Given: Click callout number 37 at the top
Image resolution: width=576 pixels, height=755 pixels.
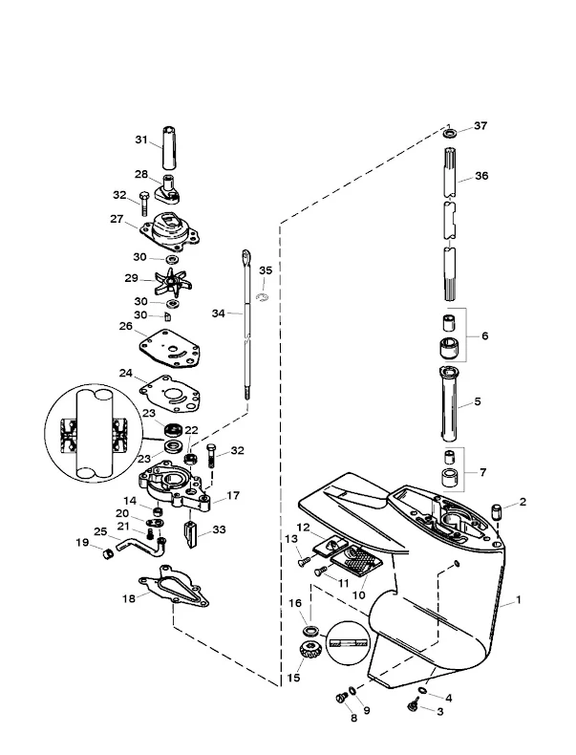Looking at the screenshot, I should [x=480, y=125].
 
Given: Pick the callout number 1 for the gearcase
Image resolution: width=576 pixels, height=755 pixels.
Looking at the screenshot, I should [x=520, y=601].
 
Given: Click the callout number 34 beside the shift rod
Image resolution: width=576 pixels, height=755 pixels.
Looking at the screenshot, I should [x=218, y=313].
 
